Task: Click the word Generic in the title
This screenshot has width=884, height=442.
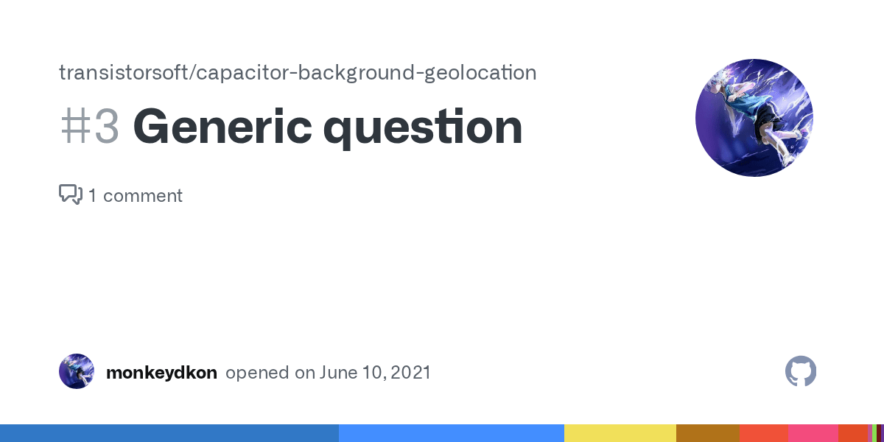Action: point(220,127)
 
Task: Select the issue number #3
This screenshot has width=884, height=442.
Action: point(89,127)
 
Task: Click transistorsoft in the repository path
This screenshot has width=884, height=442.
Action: point(122,72)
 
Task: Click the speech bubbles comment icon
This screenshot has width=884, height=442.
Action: point(71,194)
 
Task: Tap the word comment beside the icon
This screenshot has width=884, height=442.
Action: point(144,196)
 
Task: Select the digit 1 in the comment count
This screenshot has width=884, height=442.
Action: point(93,196)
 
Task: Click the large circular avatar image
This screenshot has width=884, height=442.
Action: point(754,118)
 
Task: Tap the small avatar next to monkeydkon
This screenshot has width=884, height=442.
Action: point(77,371)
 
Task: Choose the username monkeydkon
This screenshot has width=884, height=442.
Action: point(161,373)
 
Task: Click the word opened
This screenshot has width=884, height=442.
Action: point(257,373)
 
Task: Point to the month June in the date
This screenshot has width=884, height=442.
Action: point(335,373)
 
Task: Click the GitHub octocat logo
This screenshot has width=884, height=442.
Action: point(801,371)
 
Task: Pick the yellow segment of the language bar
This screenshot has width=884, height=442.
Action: point(620,433)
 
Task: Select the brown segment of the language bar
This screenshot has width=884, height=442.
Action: point(707,433)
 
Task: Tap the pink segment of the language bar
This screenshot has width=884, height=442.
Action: point(813,433)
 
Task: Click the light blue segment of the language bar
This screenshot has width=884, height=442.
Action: point(451,433)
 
